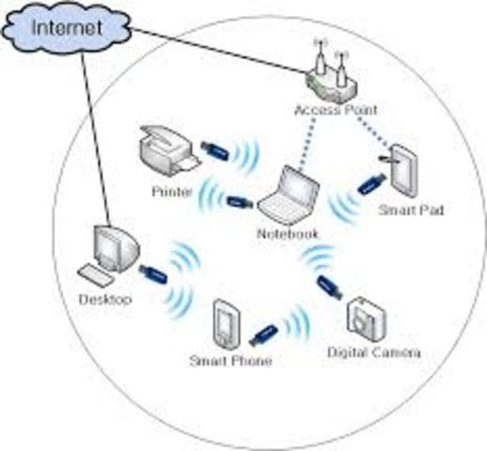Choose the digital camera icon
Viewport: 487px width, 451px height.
367,318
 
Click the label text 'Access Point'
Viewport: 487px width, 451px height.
329,111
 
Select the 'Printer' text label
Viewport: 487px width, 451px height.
172,192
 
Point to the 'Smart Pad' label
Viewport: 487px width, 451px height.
410,211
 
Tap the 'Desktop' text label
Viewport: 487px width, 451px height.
105,300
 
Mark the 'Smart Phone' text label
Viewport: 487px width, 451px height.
230,361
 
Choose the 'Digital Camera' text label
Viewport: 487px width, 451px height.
373,353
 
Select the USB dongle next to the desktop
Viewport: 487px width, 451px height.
153,274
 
